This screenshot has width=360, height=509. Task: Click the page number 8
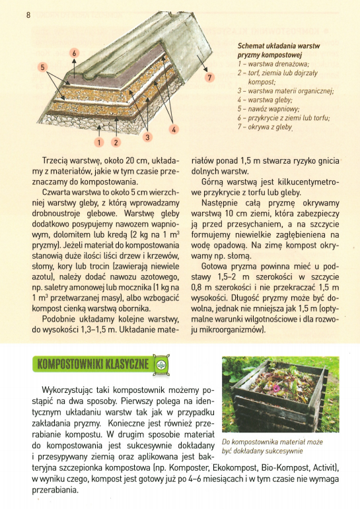[x=28, y=15]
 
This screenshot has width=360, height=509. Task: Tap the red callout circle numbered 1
[x=99, y=142]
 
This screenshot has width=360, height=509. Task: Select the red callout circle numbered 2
[x=116, y=142]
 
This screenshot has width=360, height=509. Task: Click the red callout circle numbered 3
[x=147, y=137]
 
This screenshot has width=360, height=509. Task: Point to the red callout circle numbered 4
[x=174, y=129]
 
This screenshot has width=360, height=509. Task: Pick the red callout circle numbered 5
[x=42, y=67]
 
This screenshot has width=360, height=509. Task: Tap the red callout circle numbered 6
[x=74, y=53]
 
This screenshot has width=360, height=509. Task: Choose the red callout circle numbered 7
[x=209, y=77]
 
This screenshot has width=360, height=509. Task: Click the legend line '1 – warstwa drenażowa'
[x=273, y=64]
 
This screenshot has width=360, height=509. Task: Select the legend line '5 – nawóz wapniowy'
[x=268, y=109]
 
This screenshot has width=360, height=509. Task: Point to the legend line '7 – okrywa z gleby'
[x=265, y=127]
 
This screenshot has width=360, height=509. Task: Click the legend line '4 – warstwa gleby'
[x=265, y=100]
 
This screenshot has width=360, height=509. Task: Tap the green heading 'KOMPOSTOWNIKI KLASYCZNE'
[x=93, y=364]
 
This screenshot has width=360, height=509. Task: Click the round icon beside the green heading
[x=161, y=364]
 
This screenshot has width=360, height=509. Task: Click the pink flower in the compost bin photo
[x=276, y=388]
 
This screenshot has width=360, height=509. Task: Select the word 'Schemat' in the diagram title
[x=250, y=46]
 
